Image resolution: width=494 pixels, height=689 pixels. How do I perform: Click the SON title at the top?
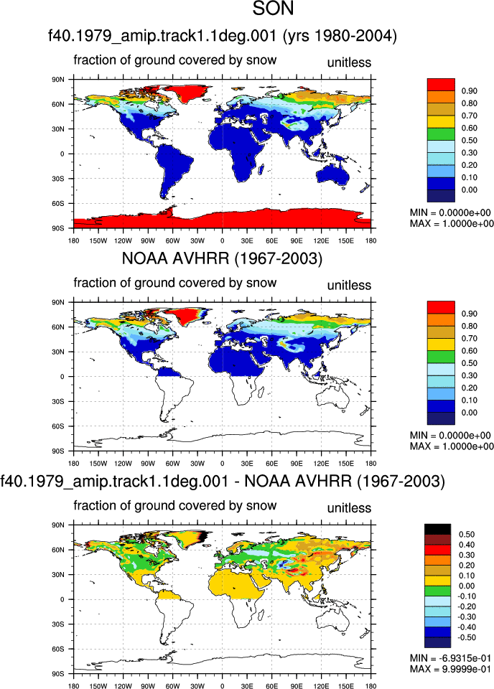pos(273,9)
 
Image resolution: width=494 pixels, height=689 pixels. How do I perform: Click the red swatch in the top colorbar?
pos(441,85)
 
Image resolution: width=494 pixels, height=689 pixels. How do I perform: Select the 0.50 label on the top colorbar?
pos(470,140)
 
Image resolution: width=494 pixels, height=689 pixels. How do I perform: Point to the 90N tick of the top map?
pos(58,80)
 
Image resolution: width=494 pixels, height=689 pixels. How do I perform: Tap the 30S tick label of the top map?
pos(58,179)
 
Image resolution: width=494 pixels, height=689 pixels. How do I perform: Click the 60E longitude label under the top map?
pos(271,241)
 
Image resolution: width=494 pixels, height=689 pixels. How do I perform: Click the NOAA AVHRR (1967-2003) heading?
pos(222,258)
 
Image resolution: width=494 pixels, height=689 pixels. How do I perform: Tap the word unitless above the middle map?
pos(350,285)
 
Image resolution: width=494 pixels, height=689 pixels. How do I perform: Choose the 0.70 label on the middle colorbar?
pos(470,338)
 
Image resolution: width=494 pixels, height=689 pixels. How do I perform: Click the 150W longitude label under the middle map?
pos(98,464)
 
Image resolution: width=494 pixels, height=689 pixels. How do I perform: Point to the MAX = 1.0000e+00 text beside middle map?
pos(452,446)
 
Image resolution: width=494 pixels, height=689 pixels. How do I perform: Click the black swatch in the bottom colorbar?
pos(438,529)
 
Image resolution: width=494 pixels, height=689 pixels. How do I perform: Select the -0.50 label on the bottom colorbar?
pos(466,637)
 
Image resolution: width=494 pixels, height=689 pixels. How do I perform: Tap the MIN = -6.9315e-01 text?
pos(450,658)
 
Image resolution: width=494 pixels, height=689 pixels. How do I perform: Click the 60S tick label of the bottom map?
pos(58,649)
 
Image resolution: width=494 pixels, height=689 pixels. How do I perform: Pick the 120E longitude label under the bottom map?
pos(321,686)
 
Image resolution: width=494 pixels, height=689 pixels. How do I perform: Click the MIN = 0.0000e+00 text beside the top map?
pos(450,212)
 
